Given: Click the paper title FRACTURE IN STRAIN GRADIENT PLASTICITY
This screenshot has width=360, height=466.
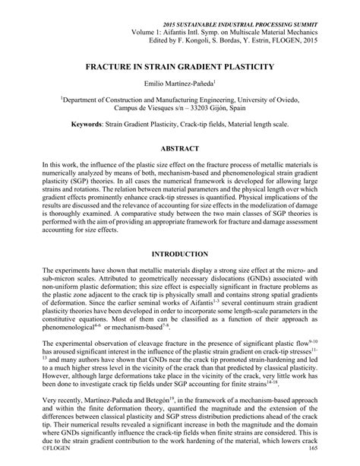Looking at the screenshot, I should coord(179,68).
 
